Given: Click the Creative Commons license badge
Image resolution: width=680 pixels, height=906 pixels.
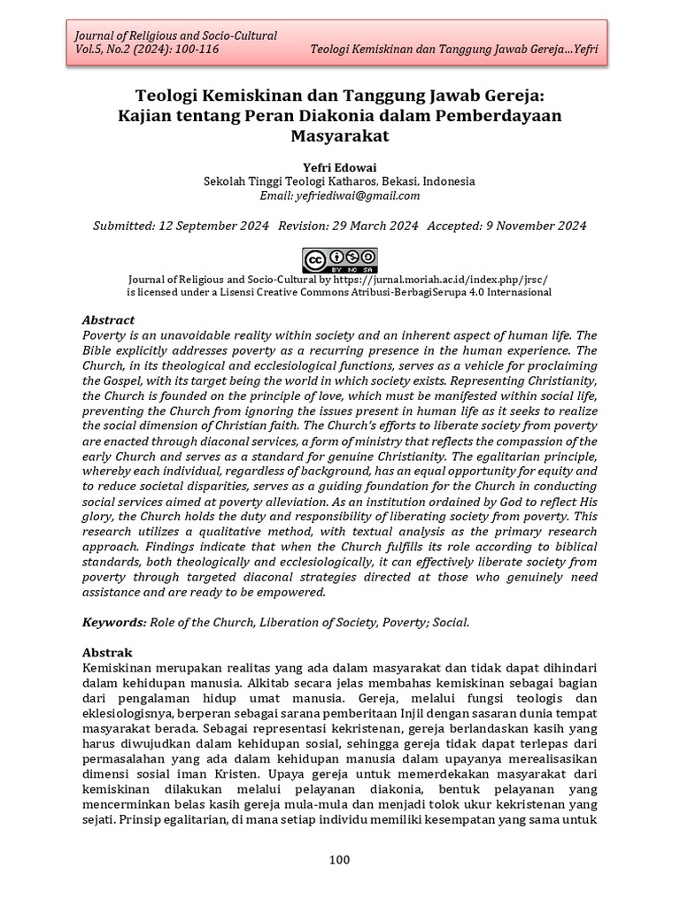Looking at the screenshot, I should pyautogui.click(x=340, y=259).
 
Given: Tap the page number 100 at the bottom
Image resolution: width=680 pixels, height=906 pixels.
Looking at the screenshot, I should pyautogui.click(x=340, y=859).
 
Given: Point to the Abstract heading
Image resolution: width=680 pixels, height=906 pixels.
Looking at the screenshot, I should pyautogui.click(x=108, y=319).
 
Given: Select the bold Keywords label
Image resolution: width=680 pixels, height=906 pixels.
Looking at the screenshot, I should pyautogui.click(x=113, y=622).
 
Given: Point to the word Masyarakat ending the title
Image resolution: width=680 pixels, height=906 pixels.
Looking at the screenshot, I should pyautogui.click(x=340, y=135).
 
